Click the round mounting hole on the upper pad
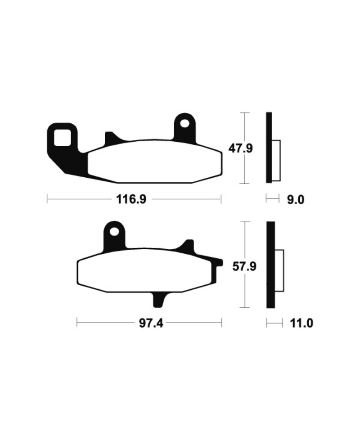click(x=185, y=122)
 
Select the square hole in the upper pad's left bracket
click(x=62, y=137)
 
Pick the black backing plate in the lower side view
click(x=270, y=265)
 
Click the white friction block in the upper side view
click(x=277, y=160)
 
